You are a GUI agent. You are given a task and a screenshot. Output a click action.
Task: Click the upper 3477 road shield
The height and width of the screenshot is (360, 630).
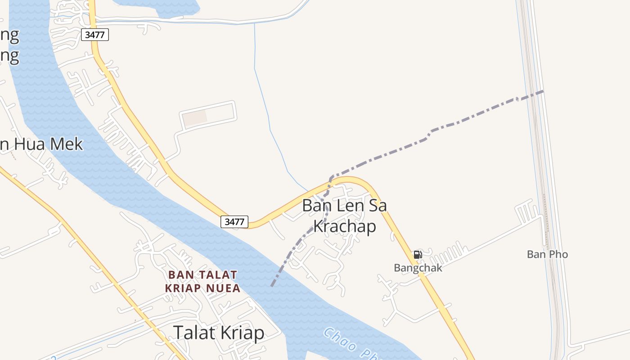(95, 35)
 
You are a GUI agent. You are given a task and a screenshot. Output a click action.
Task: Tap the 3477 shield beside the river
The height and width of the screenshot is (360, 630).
(234, 221)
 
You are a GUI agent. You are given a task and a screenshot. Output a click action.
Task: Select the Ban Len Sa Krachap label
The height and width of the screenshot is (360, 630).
(344, 216)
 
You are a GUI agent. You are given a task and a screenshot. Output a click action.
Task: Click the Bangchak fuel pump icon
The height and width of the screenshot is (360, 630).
(418, 255)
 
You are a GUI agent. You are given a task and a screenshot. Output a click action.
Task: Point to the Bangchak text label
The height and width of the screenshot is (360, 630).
(418, 268)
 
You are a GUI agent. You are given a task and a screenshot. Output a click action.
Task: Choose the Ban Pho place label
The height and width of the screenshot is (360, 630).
(547, 254)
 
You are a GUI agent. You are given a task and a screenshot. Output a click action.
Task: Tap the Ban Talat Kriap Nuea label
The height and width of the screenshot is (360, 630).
(202, 281)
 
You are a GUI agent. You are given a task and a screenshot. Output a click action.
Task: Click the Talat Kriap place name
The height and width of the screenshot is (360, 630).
(219, 333)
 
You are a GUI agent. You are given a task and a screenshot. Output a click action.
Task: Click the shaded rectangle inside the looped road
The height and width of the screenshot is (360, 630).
(194, 118)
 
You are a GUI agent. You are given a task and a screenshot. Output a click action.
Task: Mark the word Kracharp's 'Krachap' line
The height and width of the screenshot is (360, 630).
(344, 226)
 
